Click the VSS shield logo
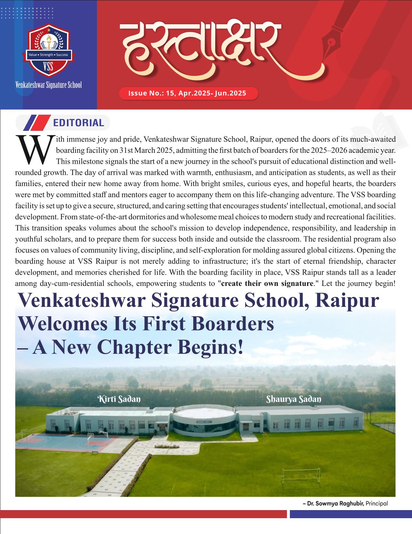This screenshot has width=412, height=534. (x=48, y=52)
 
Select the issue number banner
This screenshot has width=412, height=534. (x=188, y=93)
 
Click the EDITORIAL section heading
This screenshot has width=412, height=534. (x=79, y=123)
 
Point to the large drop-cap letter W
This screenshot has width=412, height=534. (x=34, y=149)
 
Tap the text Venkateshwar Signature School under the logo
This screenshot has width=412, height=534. (x=48, y=85)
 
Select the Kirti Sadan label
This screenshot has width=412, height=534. (x=119, y=399)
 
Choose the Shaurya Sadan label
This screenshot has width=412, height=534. (x=293, y=399)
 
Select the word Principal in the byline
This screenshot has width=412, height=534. (x=376, y=503)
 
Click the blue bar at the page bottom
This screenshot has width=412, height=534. (x=351, y=514)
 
